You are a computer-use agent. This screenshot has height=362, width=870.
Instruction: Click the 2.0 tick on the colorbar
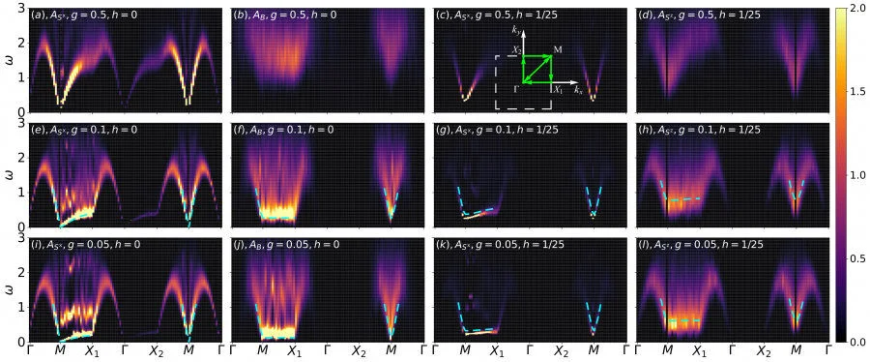[x=856, y=8]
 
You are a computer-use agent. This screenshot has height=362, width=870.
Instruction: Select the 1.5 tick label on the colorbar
[x=856, y=91]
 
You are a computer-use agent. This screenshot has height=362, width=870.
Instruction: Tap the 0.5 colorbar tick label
[x=856, y=258]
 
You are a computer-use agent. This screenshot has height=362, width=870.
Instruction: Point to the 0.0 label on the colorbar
[x=856, y=342]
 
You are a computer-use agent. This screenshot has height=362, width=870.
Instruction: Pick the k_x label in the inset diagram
[x=578, y=90]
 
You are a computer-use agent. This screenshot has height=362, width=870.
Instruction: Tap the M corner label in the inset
[x=558, y=48]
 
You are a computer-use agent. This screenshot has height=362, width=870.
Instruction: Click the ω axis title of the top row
[x=8, y=60]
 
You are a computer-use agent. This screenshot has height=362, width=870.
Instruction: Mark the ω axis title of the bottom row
[x=8, y=288]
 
